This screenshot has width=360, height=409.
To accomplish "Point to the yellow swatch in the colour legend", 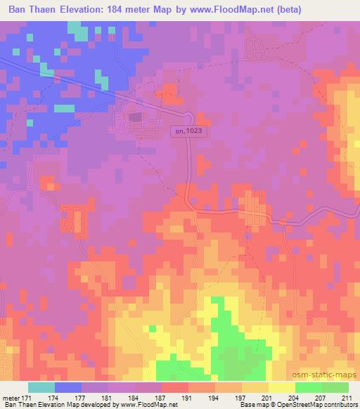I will click(x=281, y=387).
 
